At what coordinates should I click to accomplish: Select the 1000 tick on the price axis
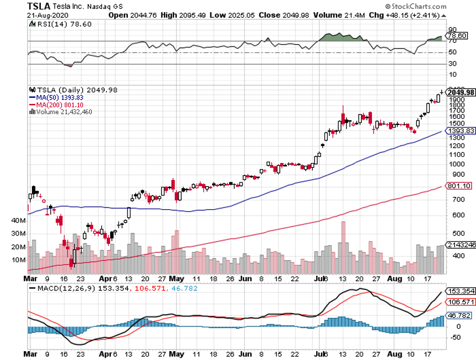pos(456,164)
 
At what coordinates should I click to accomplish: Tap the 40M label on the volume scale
pos(19,220)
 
